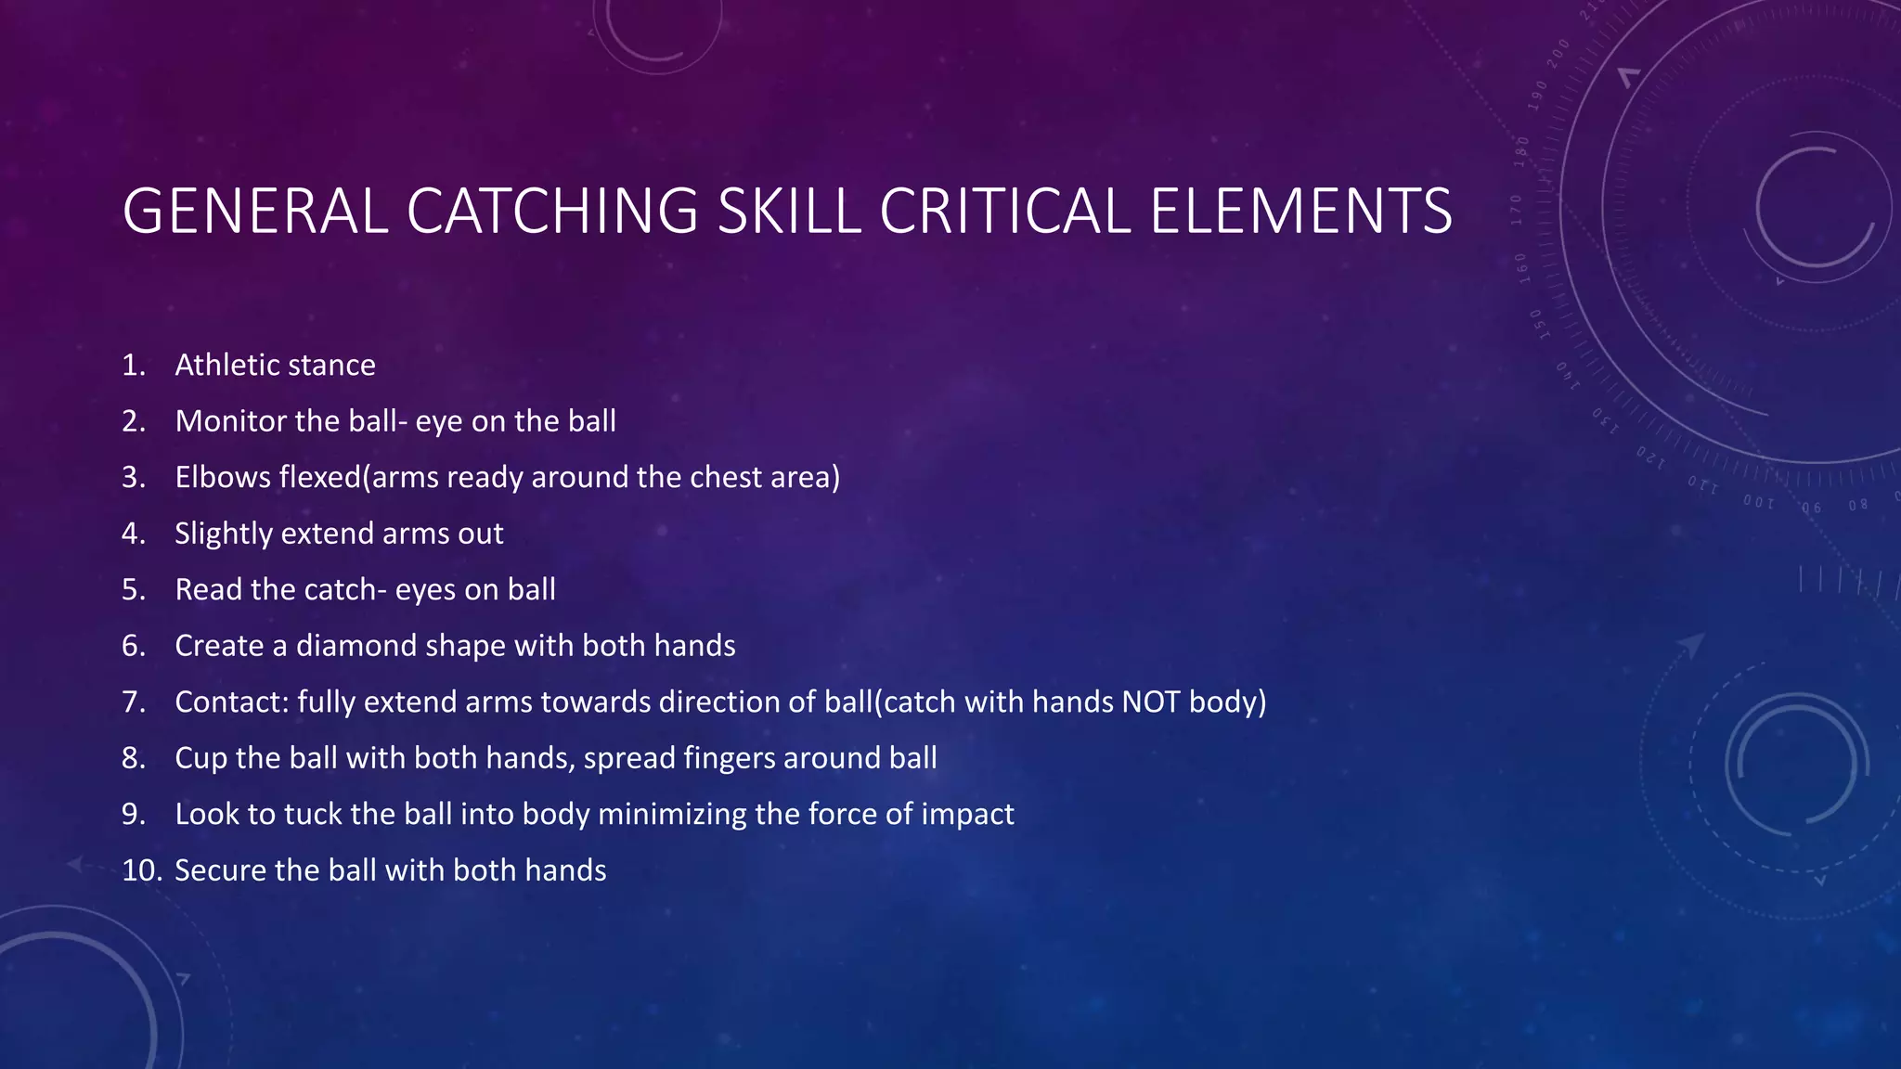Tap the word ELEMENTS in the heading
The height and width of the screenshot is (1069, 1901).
click(1300, 212)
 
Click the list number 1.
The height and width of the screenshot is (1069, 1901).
click(133, 366)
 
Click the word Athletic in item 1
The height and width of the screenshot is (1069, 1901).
click(228, 366)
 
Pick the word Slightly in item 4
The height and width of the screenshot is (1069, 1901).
click(223, 534)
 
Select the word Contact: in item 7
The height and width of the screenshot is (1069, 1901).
click(232, 702)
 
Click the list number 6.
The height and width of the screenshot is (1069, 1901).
click(134, 646)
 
